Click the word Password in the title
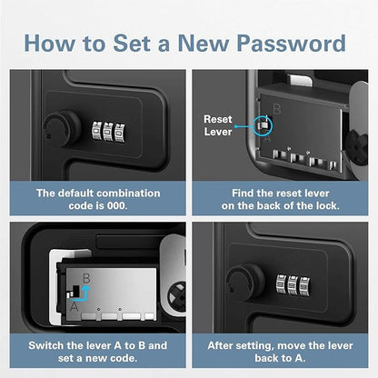[291, 43]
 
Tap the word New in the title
[202, 43]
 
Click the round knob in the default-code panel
[62, 128]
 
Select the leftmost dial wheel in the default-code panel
[97, 131]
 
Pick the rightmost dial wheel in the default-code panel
[120, 133]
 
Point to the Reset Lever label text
[218, 125]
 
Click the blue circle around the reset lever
[263, 125]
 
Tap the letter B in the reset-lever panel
[276, 109]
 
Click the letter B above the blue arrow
[86, 278]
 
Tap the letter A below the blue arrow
[74, 307]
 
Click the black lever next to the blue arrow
[75, 292]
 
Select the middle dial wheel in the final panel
[293, 285]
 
